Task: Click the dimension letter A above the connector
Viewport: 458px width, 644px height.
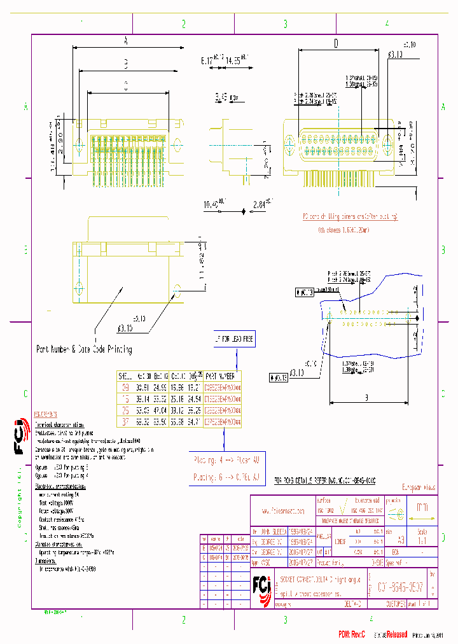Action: [125, 41]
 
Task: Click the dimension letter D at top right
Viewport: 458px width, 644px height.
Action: [335, 43]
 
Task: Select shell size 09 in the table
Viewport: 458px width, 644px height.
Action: [125, 387]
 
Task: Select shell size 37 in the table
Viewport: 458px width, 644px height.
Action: [125, 421]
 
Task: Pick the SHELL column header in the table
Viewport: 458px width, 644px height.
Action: [125, 375]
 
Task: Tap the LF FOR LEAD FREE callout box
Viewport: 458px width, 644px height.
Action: [235, 339]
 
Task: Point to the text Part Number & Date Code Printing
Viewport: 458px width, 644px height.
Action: [84, 349]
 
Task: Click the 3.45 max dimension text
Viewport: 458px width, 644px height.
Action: [222, 97]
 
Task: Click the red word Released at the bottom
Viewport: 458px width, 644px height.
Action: [393, 634]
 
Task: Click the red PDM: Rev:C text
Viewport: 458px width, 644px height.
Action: [351, 634]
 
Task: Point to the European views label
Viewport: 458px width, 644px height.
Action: [417, 487]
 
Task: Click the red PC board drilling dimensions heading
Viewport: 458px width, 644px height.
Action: [350, 217]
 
